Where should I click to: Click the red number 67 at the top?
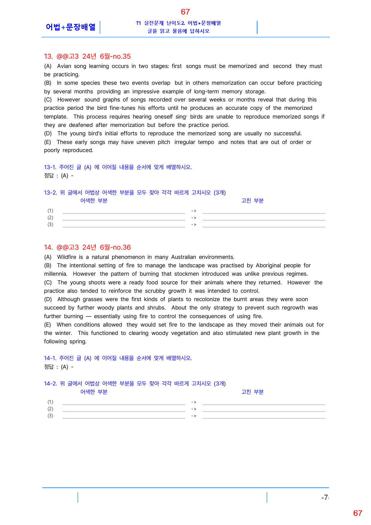pyautogui.click(x=185, y=12)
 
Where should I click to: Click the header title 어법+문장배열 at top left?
pyautogui.click(x=71, y=27)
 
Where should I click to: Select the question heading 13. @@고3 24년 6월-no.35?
pyautogui.click(x=87, y=56)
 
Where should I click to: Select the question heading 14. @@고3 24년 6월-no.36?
pyautogui.click(x=87, y=247)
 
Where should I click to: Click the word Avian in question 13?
pyautogui.click(x=64, y=66)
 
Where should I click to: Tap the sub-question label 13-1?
pyautogui.click(x=50, y=167)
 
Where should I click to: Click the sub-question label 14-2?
pyautogui.click(x=50, y=384)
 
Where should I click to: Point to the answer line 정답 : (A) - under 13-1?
pyautogui.click(x=59, y=176)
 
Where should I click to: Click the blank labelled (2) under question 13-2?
pyautogui.click(x=124, y=218)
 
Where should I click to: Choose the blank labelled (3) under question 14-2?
pyautogui.click(x=124, y=416)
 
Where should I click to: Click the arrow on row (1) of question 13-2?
pyautogui.click(x=194, y=211)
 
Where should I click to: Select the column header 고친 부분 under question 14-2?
pyautogui.click(x=252, y=392)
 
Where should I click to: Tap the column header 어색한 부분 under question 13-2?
pyautogui.click(x=94, y=201)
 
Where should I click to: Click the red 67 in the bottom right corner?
pyautogui.click(x=358, y=513)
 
